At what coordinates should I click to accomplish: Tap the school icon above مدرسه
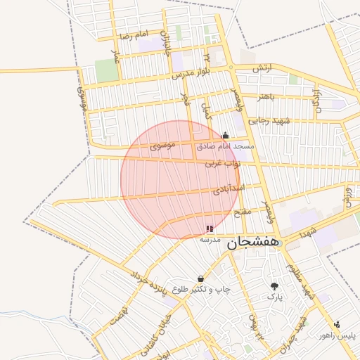pos(210,229)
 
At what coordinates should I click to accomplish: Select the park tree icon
pos(274,286)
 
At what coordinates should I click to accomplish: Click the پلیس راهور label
pos(337,336)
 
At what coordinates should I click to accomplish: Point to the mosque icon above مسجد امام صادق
pos(225,135)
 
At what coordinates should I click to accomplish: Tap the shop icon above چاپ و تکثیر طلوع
pos(201,279)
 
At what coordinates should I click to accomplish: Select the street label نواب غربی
pos(222,163)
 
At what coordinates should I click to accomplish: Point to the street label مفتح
pos(241,211)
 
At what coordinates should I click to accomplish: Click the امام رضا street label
pos(134,35)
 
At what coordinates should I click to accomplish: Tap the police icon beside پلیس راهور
pos(337,324)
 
